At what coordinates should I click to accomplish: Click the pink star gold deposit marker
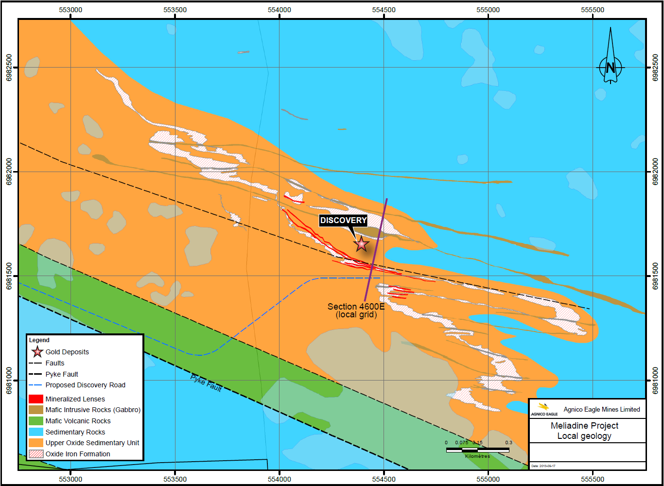[x=361, y=243]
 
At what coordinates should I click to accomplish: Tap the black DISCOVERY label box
[x=343, y=221]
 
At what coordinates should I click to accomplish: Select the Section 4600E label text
[x=356, y=307]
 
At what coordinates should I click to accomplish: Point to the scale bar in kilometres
[x=477, y=450]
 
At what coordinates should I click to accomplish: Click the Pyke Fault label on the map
[x=206, y=383]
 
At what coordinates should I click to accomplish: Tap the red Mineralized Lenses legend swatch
[x=36, y=399]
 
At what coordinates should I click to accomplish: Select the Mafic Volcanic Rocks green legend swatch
[x=36, y=421]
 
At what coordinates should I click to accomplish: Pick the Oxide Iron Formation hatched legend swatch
[x=36, y=454]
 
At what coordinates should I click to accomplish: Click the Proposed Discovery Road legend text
[x=85, y=385]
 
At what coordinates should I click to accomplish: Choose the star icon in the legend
[x=37, y=352]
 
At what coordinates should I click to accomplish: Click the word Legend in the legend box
[x=39, y=340]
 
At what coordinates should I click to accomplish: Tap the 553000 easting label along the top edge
[x=70, y=10]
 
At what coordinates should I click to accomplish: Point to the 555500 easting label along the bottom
[x=593, y=479]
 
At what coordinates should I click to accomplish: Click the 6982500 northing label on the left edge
[x=9, y=68]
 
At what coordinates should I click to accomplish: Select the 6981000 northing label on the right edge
[x=655, y=381]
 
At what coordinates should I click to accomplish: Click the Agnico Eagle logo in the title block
[x=544, y=409]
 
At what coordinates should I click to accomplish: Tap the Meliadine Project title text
[x=584, y=426]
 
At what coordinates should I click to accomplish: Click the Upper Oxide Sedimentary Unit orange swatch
[x=36, y=443]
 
